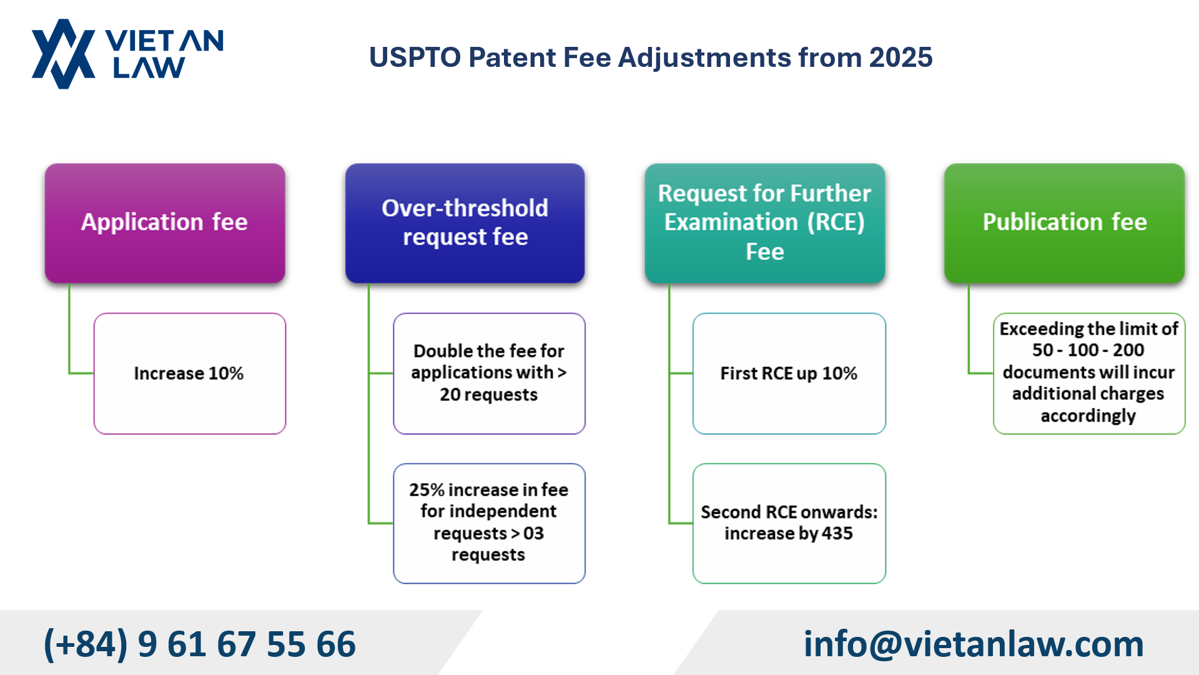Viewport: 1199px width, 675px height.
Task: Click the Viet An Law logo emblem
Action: click(62, 54)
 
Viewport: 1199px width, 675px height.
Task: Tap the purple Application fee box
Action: click(165, 223)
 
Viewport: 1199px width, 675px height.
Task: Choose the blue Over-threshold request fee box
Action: click(465, 223)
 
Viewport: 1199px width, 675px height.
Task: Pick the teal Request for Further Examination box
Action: click(764, 223)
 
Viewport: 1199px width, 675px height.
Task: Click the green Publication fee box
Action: click(1064, 223)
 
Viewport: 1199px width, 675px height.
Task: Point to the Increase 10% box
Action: click(189, 373)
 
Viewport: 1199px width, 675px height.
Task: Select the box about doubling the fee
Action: click(489, 373)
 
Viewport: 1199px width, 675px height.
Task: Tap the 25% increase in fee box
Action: click(489, 523)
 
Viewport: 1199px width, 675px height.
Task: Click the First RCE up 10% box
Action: click(789, 373)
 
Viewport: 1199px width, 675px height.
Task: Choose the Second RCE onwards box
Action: click(789, 523)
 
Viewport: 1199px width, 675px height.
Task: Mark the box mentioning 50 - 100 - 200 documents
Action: click(1088, 373)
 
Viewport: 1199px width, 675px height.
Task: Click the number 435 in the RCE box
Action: click(837, 534)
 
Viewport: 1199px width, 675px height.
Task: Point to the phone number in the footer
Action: click(199, 644)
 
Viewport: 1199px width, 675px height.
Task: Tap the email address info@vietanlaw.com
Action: click(973, 644)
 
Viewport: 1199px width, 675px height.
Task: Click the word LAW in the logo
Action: click(149, 67)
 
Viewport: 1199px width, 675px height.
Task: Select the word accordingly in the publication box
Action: click(1088, 416)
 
